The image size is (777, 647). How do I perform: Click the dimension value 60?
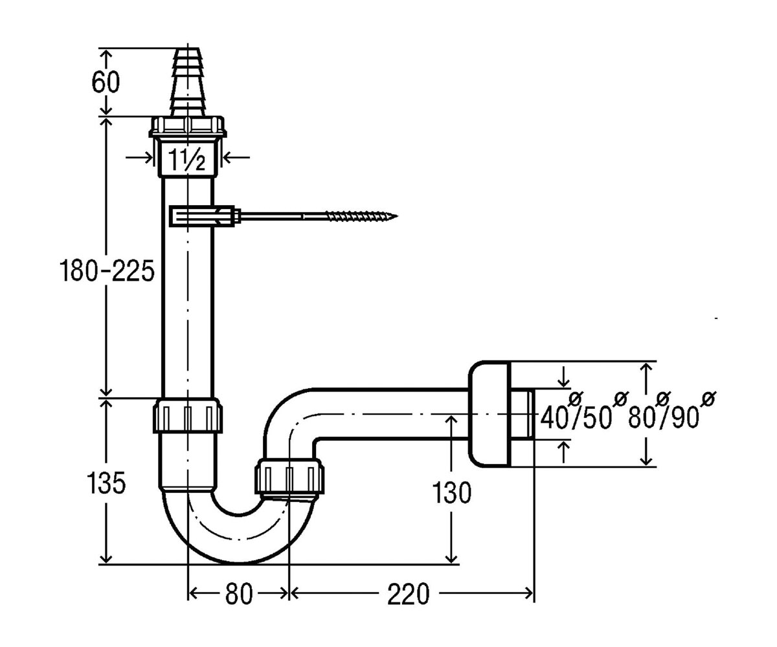point(106,83)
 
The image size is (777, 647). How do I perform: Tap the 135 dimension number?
point(106,483)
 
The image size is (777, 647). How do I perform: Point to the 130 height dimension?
point(451,493)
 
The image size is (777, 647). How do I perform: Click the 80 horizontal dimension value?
point(238,594)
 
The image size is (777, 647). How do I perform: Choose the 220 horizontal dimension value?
point(408,594)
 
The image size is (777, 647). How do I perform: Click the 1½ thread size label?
point(187,160)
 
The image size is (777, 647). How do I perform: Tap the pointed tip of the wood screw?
point(398,215)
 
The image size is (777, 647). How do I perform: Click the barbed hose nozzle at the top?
point(187,82)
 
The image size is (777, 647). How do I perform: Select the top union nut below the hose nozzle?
point(188,127)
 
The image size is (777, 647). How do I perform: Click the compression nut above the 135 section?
point(188,415)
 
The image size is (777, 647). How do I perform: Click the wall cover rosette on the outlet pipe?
point(488,413)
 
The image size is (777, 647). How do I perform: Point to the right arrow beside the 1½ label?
point(236,157)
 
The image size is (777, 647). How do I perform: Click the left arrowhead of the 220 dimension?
point(295,593)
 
